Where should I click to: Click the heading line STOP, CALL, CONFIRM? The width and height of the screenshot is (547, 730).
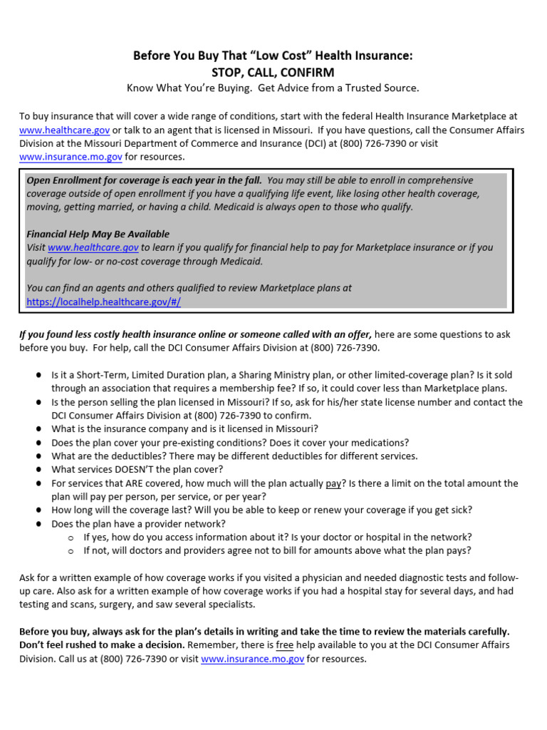click(273, 72)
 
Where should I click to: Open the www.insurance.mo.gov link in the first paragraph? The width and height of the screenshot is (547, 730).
click(71, 157)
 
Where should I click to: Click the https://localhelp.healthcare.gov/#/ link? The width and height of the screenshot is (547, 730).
click(103, 302)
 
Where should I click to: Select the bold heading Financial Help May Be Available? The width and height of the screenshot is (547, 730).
click(98, 234)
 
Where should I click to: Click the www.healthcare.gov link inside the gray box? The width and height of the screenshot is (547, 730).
click(93, 247)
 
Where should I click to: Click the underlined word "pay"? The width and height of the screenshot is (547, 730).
click(333, 483)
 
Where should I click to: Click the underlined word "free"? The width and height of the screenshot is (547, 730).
click(285, 645)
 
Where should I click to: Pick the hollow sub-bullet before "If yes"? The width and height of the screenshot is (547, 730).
click(71, 538)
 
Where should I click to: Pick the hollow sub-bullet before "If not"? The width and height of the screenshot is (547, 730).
click(71, 551)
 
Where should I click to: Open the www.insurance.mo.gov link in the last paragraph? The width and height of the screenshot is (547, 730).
click(252, 659)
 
